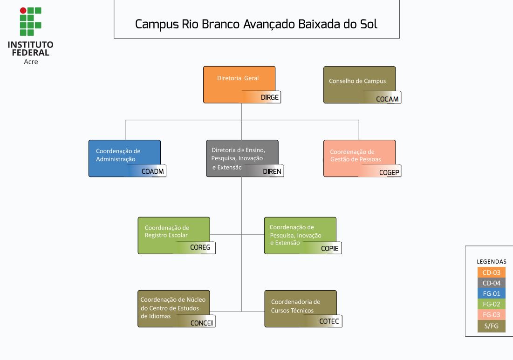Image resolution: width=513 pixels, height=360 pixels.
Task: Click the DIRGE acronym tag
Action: click(269, 97)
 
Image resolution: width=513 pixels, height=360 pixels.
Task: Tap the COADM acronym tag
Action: click(153, 171)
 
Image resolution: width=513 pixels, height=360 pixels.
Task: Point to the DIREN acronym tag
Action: click(272, 171)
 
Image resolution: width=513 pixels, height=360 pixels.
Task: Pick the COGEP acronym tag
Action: click(389, 172)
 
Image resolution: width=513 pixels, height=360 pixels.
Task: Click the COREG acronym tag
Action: click(200, 248)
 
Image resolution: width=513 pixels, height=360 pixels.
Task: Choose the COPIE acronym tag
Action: click(330, 248)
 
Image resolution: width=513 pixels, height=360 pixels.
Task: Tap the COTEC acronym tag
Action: click(329, 321)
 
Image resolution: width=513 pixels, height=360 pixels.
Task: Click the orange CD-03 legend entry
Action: click(491, 272)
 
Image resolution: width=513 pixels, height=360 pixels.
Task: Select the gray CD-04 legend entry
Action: click(491, 283)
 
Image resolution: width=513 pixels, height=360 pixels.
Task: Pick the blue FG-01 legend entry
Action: click(491, 293)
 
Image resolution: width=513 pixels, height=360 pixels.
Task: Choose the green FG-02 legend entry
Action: click(491, 304)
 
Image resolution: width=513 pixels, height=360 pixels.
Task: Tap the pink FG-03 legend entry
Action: click(491, 315)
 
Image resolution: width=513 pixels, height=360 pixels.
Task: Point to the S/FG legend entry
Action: click(491, 326)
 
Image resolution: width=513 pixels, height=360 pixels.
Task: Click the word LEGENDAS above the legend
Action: click(491, 262)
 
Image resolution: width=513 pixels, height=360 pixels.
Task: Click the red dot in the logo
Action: click(23, 10)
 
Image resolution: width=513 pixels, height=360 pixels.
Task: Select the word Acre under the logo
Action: click(31, 61)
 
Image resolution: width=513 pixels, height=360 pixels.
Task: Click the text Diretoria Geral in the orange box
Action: click(238, 78)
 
